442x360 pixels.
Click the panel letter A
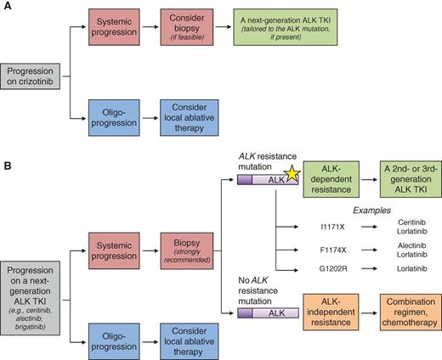(x=7, y=7)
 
